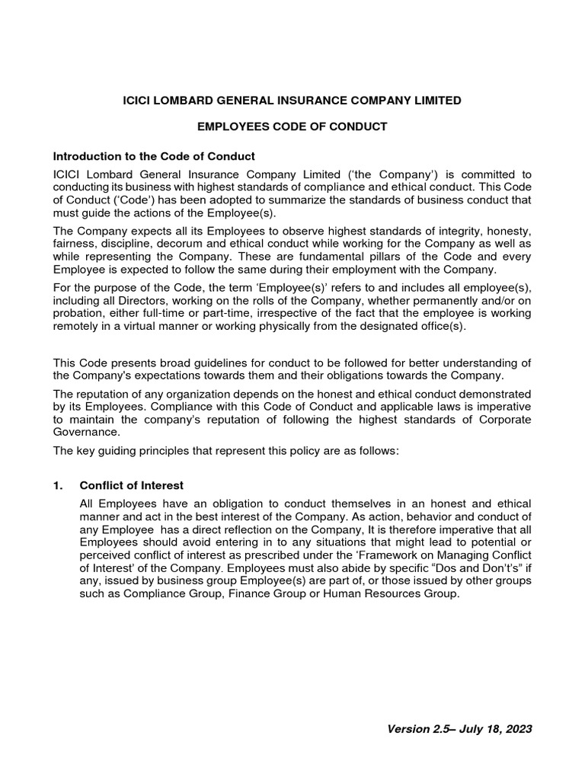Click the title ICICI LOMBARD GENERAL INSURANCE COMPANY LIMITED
[292, 100]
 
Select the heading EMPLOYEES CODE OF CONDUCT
[292, 126]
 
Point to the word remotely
[77, 327]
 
